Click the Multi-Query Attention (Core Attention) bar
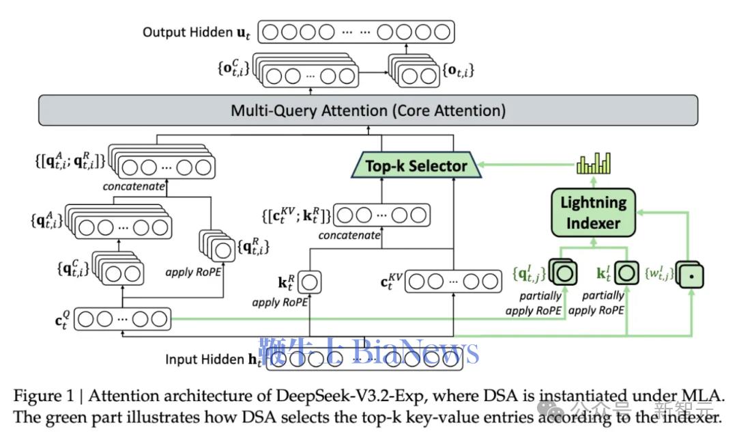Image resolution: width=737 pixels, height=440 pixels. point(368,110)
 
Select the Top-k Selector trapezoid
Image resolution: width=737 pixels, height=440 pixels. point(416,165)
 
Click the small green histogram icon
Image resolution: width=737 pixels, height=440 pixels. point(593,164)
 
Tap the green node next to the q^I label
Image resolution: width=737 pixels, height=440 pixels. point(566,274)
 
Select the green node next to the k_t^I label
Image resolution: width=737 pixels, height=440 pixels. point(626,274)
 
